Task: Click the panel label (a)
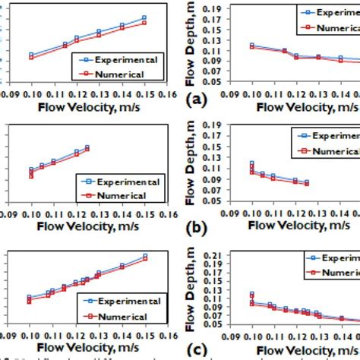(195, 98)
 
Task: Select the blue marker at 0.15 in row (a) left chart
(144, 17)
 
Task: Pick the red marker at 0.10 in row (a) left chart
(30, 58)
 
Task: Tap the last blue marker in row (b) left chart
(87, 147)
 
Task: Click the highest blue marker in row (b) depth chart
(251, 163)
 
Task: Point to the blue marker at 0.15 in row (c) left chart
(144, 257)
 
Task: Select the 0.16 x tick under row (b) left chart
(163, 215)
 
